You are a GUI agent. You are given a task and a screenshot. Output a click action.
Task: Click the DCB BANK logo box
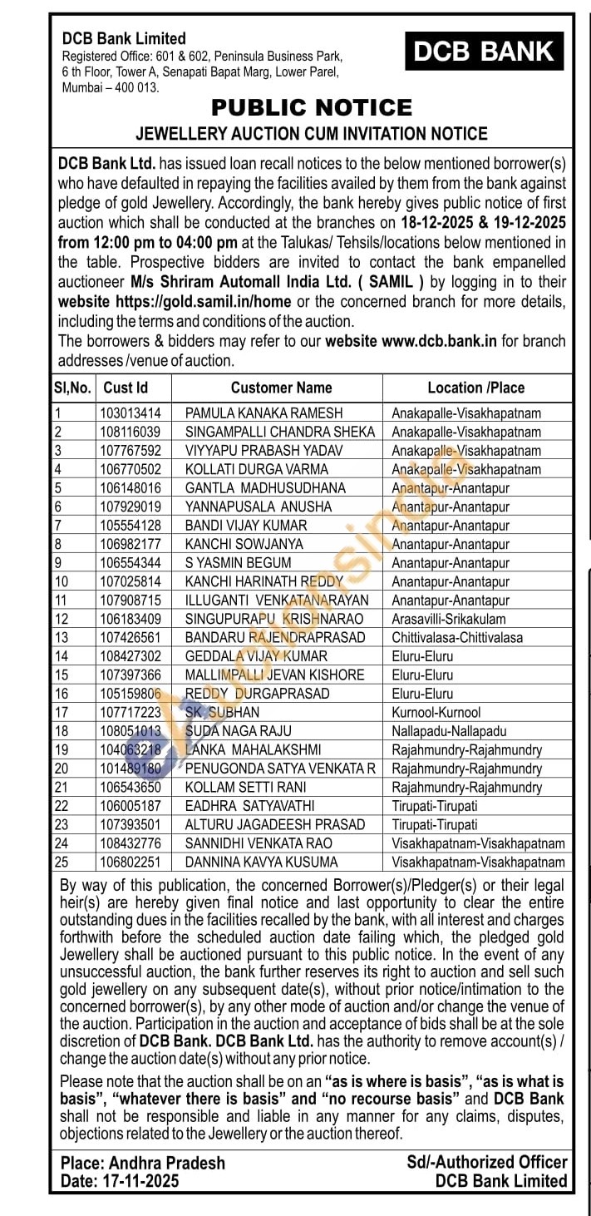tap(485, 52)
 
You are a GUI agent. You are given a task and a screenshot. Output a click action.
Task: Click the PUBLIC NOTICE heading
tap(312, 107)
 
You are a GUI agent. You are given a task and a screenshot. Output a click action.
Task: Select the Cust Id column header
tap(125, 388)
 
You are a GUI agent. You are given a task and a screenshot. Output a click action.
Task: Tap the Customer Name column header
tap(281, 388)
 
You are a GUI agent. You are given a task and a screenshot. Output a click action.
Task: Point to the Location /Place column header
tap(475, 388)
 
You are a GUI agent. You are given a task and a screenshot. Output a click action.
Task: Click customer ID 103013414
tap(130, 413)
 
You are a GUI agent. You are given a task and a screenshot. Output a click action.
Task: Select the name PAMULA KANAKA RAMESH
tap(263, 413)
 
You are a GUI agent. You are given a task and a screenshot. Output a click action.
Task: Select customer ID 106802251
tap(130, 863)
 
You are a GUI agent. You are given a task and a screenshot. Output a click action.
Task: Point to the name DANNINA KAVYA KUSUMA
tap(261, 863)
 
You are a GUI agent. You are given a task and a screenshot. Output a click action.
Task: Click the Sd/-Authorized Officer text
tap(486, 1162)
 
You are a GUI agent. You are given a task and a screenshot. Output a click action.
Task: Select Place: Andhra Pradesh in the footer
tap(142, 1163)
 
